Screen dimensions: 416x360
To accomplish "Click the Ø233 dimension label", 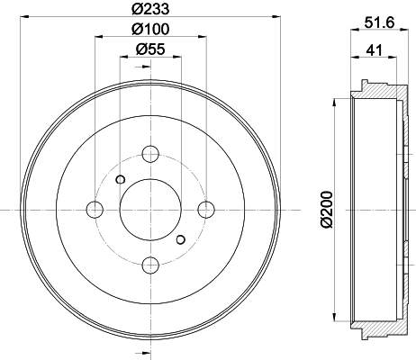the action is pos(150,9).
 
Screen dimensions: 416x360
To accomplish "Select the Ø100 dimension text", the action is pos(150,29).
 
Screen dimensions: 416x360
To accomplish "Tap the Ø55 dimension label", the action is pos(150,49).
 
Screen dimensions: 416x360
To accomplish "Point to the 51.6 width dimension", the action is pos(379,22).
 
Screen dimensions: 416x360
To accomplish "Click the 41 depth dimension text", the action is pos(375,50).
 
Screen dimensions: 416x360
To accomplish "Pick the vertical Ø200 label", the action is pos(326,209).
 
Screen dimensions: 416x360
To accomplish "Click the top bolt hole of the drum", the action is pos(150,154).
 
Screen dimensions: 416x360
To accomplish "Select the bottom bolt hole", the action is pos(150,265).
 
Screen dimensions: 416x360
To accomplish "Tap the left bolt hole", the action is pos(95,210).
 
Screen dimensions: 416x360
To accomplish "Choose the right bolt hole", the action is pos(206,210).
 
